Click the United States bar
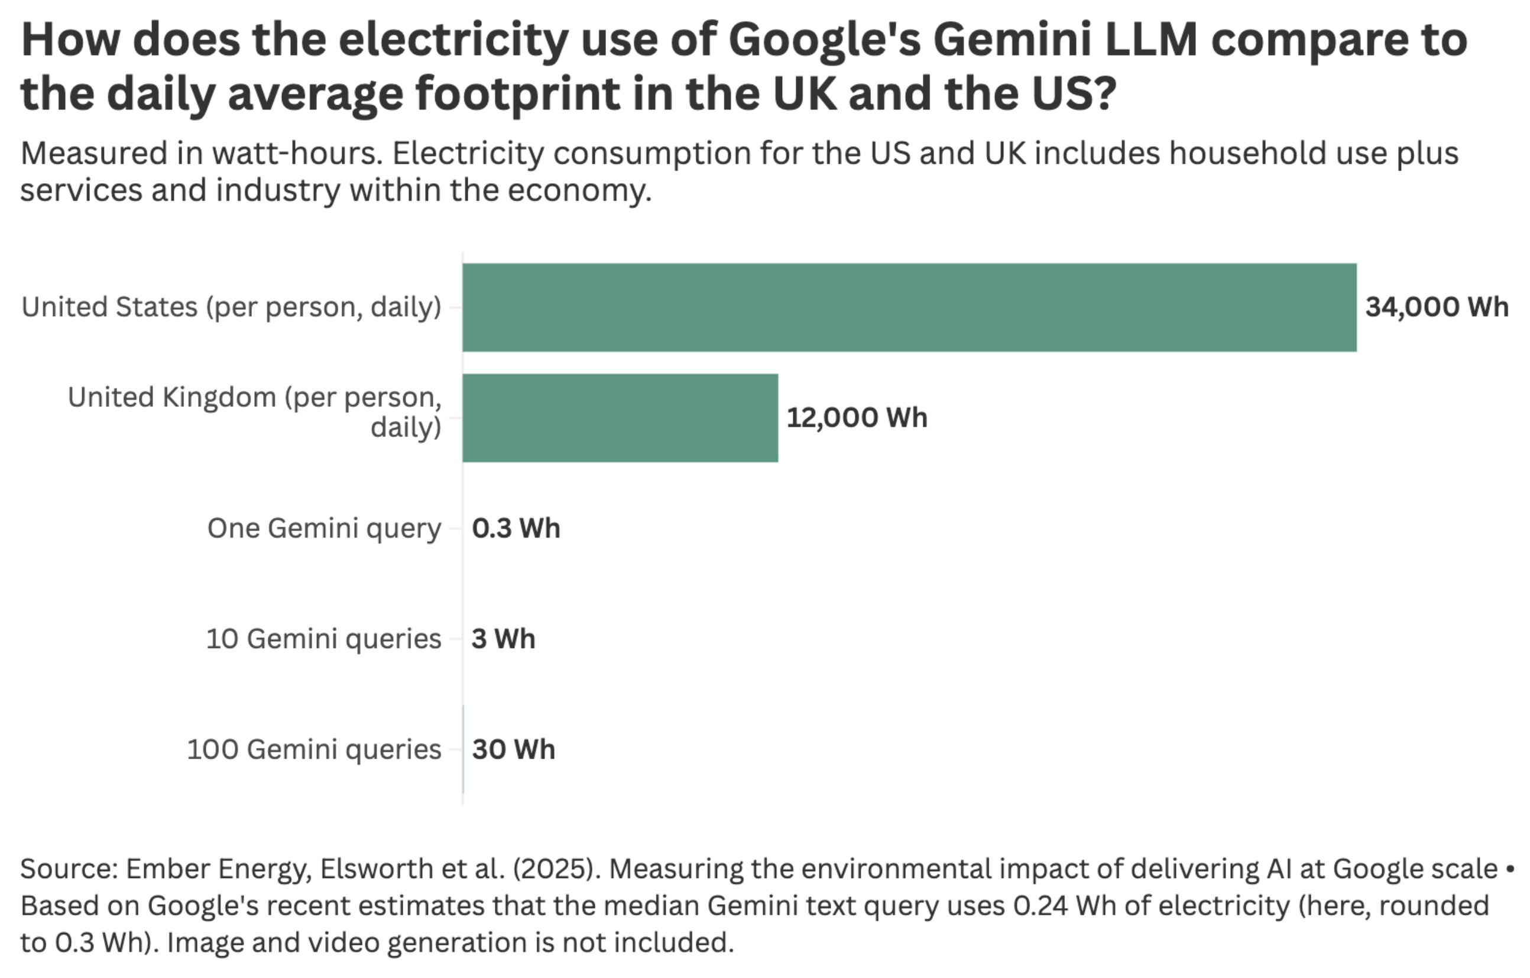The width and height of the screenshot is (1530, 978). pyautogui.click(x=909, y=307)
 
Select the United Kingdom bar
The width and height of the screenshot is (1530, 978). pyautogui.click(x=620, y=417)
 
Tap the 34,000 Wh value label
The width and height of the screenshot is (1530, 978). pyautogui.click(x=1437, y=307)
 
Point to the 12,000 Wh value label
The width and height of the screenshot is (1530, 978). pyautogui.click(x=857, y=417)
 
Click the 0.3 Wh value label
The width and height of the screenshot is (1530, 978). pyautogui.click(x=516, y=528)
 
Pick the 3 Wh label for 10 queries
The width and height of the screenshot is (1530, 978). pyautogui.click(x=503, y=639)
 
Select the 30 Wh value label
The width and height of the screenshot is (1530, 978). pyautogui.click(x=513, y=749)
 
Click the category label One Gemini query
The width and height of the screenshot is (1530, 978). pyautogui.click(x=323, y=528)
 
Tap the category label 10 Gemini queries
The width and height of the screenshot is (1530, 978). pyautogui.click(x=323, y=639)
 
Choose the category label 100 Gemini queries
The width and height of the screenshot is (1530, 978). pyautogui.click(x=313, y=749)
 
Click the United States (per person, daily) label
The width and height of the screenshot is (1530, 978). pyautogui.click(x=231, y=307)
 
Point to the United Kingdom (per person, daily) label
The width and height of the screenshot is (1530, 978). pyautogui.click(x=254, y=411)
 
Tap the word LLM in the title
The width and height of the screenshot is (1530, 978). pyautogui.click(x=1150, y=40)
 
